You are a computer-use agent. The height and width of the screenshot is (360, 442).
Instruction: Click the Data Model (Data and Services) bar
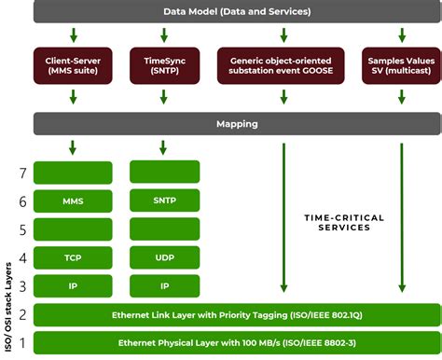(237, 10)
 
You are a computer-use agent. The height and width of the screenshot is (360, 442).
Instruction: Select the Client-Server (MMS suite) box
(73, 66)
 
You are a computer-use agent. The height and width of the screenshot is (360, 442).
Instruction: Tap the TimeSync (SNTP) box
(163, 66)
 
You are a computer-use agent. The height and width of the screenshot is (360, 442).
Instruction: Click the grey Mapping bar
(237, 122)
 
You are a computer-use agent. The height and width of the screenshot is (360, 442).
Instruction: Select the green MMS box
(73, 201)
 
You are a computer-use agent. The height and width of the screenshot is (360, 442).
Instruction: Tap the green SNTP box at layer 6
(163, 201)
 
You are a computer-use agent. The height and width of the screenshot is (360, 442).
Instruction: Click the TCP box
(73, 257)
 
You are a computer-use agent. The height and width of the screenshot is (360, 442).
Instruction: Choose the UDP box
(163, 257)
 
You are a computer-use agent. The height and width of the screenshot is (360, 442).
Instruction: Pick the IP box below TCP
(73, 285)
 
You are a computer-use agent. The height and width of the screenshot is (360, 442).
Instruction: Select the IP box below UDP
(163, 285)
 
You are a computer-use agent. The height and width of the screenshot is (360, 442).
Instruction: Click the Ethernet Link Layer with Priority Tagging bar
(237, 315)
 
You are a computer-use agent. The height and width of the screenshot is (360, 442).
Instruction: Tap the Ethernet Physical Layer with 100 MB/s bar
(237, 343)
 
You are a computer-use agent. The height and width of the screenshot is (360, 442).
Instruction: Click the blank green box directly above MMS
(73, 172)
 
